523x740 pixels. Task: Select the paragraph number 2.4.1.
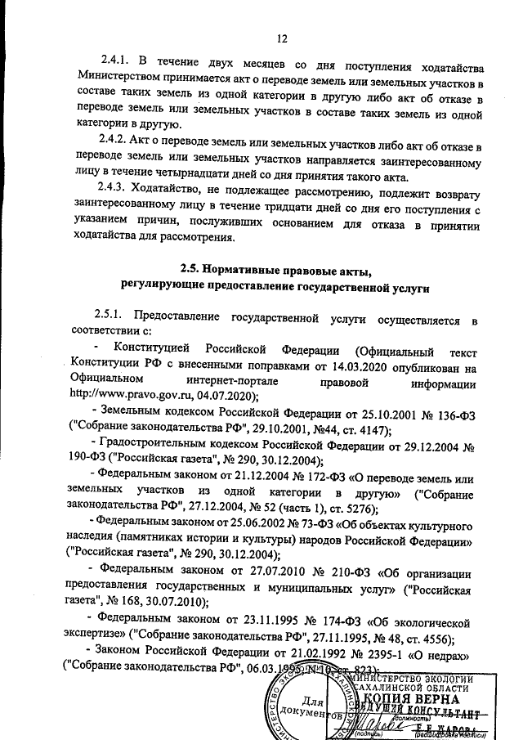(117, 65)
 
